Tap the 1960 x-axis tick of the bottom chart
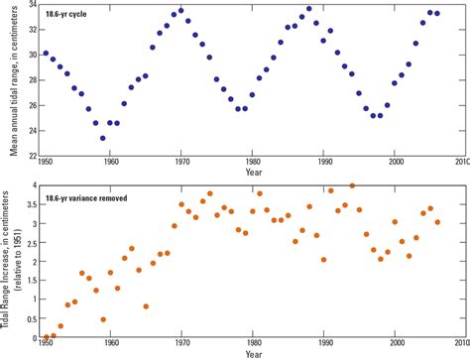[110, 347]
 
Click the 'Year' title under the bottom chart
[253, 354]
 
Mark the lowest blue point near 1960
[103, 138]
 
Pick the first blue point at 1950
[46, 54]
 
